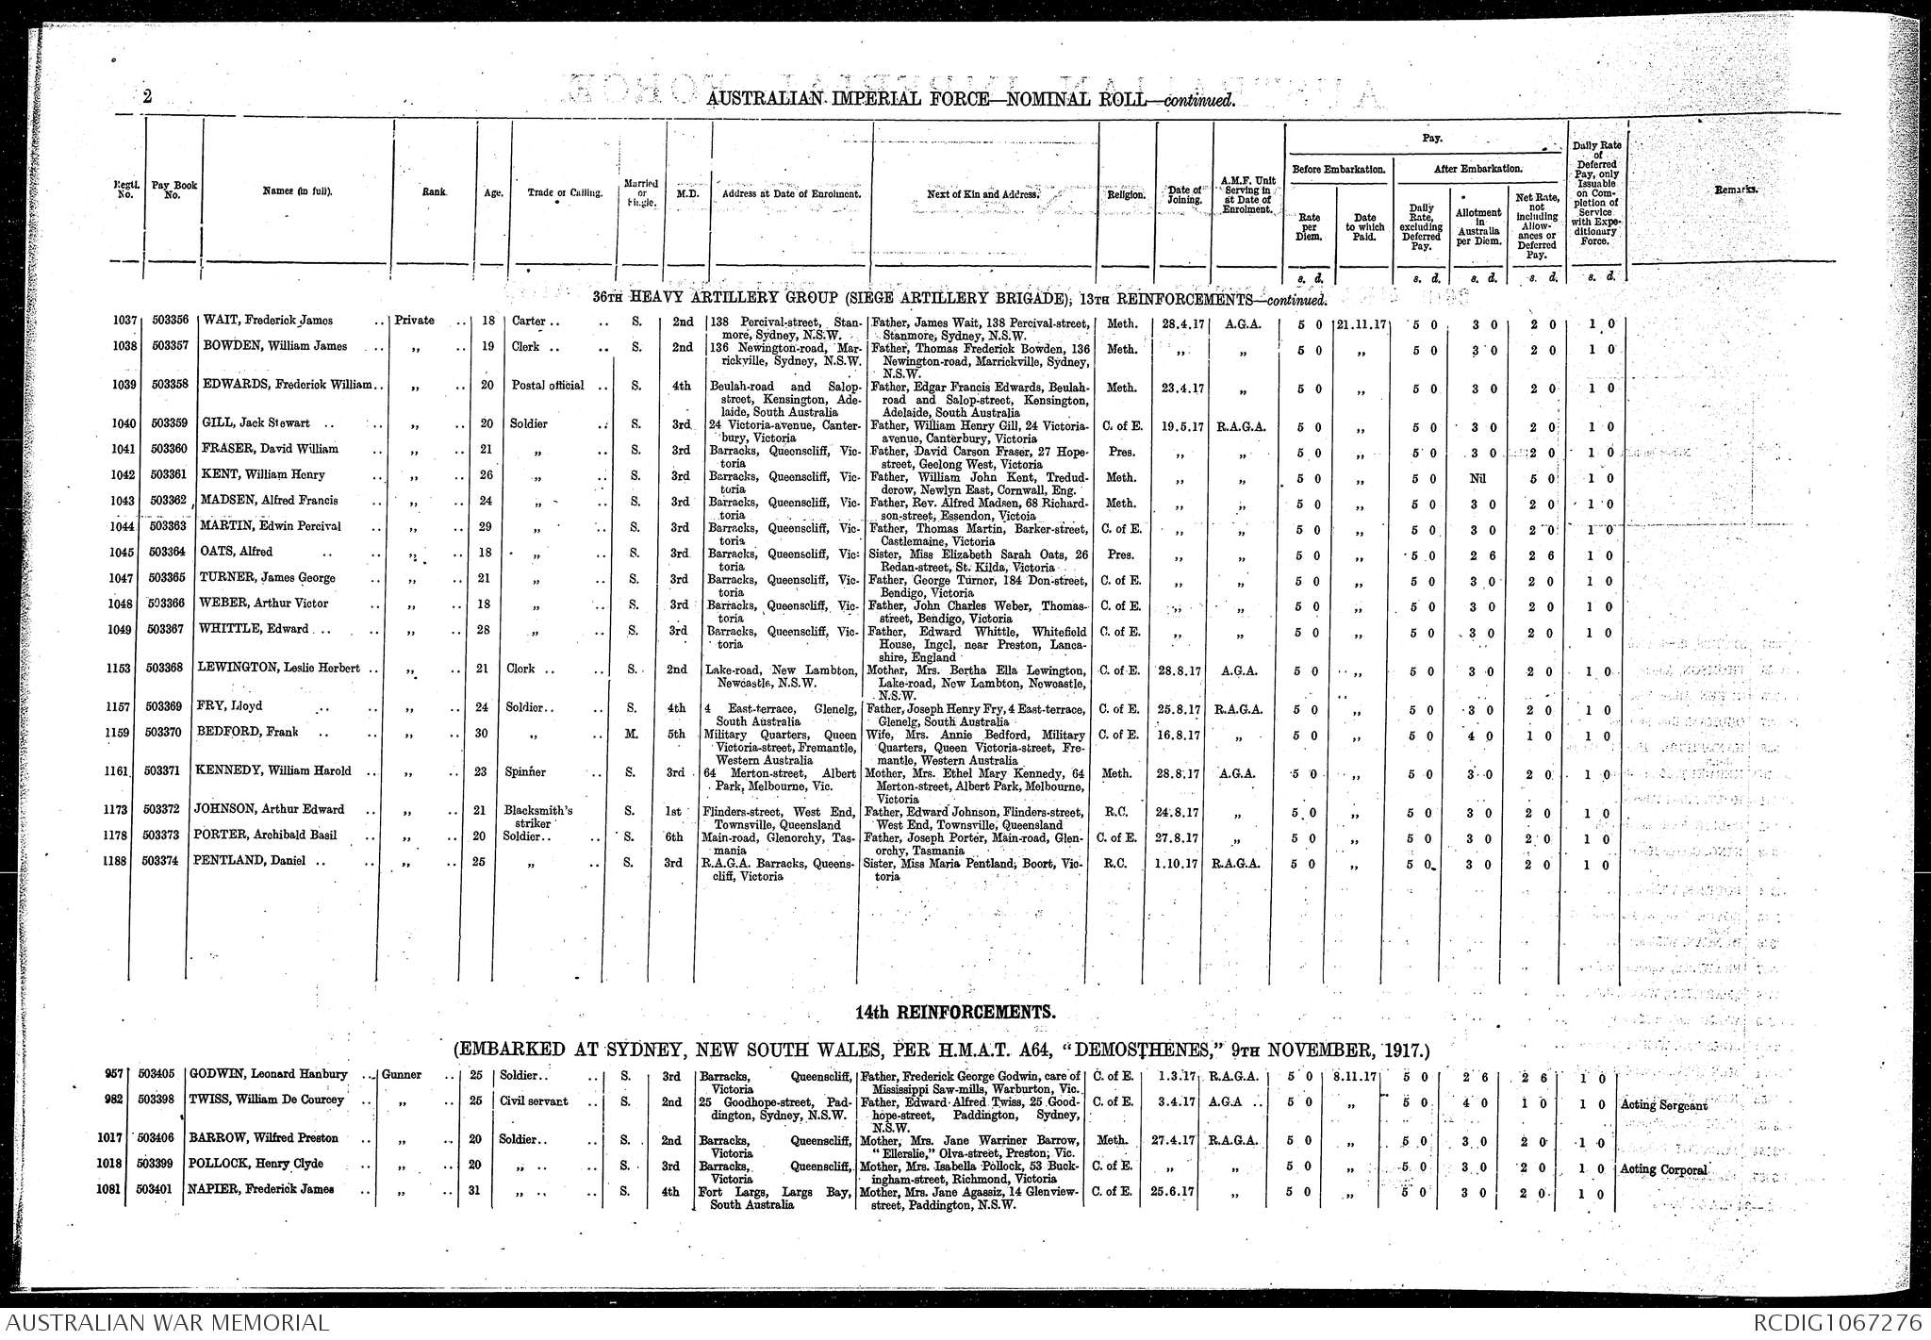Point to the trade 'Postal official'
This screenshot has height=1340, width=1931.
[548, 385]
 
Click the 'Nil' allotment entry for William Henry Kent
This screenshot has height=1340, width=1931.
[1477, 478]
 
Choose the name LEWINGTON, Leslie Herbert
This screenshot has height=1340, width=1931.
[279, 669]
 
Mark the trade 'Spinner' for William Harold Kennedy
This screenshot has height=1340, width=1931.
[524, 771]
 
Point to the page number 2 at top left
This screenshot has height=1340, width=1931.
[148, 96]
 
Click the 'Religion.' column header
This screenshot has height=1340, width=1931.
[1126, 195]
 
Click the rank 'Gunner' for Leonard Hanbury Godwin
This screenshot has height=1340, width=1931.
[401, 1075]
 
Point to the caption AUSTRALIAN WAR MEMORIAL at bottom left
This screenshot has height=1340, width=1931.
[166, 1323]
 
